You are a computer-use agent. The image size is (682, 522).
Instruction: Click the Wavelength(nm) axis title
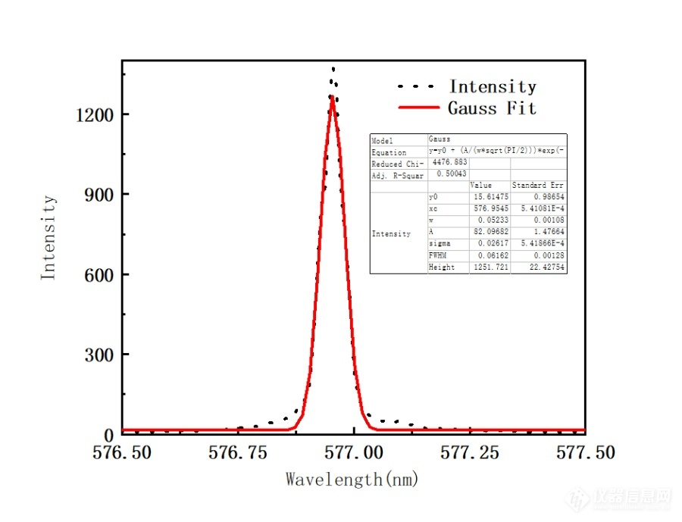(352, 480)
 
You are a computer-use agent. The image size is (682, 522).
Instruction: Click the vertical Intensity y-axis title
(48, 238)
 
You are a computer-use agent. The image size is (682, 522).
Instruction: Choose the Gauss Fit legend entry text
(492, 108)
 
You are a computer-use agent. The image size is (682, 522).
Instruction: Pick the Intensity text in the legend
(493, 87)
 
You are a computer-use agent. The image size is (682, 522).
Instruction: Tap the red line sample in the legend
(418, 108)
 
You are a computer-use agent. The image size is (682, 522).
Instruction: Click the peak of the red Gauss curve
(332, 97)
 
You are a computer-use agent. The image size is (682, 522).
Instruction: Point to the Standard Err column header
(538, 185)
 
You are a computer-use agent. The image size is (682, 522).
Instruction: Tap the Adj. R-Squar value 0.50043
(452, 174)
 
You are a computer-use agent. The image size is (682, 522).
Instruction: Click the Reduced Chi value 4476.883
(452, 162)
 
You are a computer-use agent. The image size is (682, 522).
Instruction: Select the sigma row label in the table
(440, 244)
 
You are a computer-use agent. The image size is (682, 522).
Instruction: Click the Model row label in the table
(382, 141)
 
